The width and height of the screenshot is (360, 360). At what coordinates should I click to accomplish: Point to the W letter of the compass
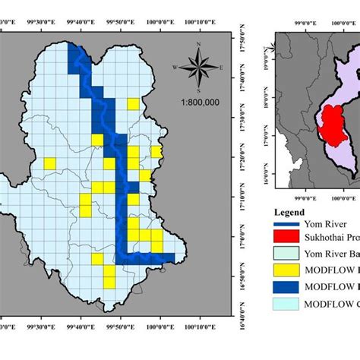click(176, 68)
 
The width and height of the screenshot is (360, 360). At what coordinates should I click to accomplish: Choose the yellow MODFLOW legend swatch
click(287, 269)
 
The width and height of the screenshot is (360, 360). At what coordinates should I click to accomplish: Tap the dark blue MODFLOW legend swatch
click(287, 286)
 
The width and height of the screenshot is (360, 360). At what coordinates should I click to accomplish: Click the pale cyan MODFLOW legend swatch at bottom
click(287, 304)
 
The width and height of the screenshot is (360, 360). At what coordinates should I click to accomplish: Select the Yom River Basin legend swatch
click(287, 254)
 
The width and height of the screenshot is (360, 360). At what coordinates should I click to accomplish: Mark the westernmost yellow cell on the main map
click(49, 163)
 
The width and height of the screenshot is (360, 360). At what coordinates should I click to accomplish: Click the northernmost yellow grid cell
click(133, 103)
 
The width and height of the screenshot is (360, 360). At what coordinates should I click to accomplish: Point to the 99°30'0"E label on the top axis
click(38, 22)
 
